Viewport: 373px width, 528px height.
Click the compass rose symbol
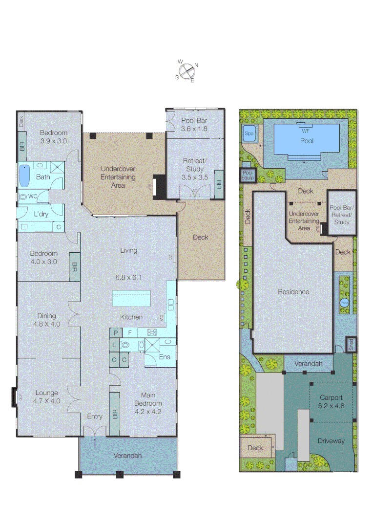[x=186, y=71]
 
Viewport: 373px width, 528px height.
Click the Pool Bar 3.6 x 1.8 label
[x=194, y=124]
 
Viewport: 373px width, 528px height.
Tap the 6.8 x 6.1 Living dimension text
[x=129, y=277]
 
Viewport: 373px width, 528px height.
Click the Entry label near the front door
[x=95, y=417]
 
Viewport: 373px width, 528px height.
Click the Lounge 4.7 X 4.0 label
[x=46, y=396]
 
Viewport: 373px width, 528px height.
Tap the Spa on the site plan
[x=249, y=132]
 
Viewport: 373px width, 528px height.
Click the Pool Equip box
[x=248, y=176]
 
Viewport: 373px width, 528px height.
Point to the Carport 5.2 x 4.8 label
[x=332, y=401]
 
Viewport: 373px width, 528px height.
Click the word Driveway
[x=331, y=441]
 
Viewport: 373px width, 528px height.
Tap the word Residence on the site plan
[x=293, y=292]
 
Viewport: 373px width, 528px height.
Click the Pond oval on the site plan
[x=345, y=303]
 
